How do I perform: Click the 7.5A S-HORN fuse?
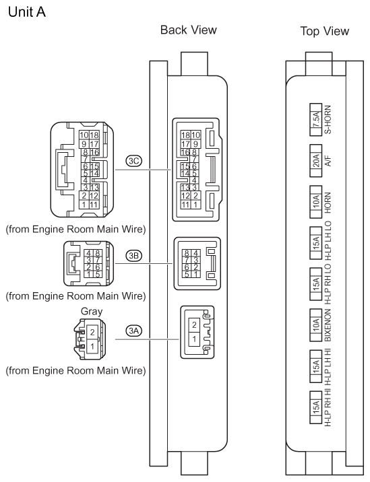[x=315, y=120]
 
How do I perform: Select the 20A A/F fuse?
[x=315, y=160]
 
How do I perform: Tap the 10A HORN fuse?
[x=315, y=202]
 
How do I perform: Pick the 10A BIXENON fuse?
[x=315, y=325]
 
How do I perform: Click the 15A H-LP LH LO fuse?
[x=315, y=243]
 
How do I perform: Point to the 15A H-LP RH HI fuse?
[x=315, y=407]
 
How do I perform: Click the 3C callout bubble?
[x=134, y=161]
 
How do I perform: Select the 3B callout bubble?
[x=134, y=255]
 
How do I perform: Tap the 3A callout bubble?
[x=134, y=331]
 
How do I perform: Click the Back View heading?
[x=189, y=30]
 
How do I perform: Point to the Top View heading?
[x=324, y=31]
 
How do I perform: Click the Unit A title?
[x=27, y=12]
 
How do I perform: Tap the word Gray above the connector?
[x=92, y=312]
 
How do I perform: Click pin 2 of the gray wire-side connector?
[x=92, y=332]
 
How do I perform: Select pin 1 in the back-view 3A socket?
[x=194, y=339]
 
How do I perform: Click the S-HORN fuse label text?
[x=328, y=120]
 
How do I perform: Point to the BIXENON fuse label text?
[x=328, y=325]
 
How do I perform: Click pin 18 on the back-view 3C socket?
[x=185, y=135]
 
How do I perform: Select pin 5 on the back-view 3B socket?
[x=187, y=275]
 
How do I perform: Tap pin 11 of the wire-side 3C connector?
[x=94, y=205]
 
